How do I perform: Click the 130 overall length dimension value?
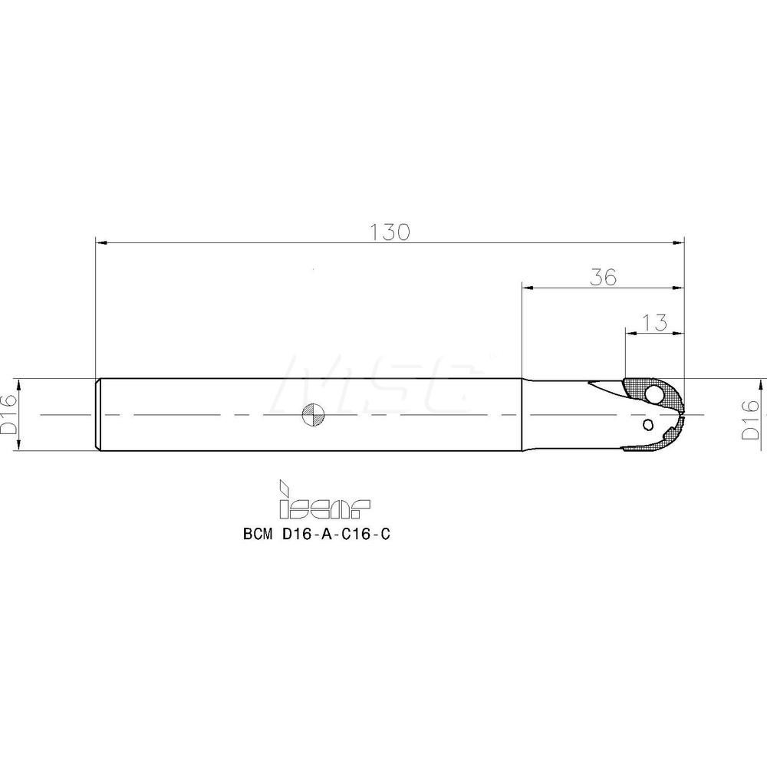pyautogui.click(x=390, y=231)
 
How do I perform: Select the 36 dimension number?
pyautogui.click(x=604, y=277)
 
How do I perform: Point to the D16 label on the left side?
pyautogui.click(x=8, y=415)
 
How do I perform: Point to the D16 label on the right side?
pyautogui.click(x=752, y=422)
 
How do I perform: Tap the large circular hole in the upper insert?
pyautogui.click(x=653, y=395)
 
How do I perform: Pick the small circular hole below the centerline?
pyautogui.click(x=648, y=424)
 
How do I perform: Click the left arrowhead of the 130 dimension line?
pyautogui.click(x=100, y=242)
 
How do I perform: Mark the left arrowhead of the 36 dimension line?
pyautogui.click(x=526, y=289)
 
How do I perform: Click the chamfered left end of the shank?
pyautogui.click(x=97, y=414)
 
